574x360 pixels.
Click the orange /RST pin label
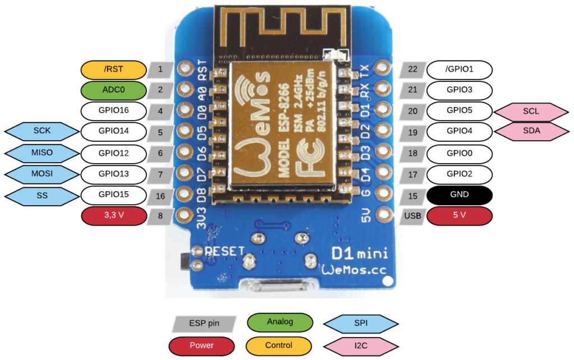[114, 70]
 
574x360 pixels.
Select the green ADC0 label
[114, 90]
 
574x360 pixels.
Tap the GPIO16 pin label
[114, 110]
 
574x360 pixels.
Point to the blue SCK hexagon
[41, 131]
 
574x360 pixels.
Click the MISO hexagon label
[41, 153]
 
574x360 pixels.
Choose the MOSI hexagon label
[41, 174]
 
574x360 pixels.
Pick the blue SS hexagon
[41, 196]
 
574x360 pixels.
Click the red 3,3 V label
[114, 216]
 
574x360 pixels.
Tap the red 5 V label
[460, 216]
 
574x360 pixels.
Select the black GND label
[460, 195]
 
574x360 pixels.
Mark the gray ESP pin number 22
[413, 70]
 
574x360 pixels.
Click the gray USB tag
[413, 216]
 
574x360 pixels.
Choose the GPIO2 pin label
[460, 174]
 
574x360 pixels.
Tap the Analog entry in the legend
[280, 322]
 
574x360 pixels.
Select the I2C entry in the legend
[361, 344]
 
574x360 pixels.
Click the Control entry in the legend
[280, 344]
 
